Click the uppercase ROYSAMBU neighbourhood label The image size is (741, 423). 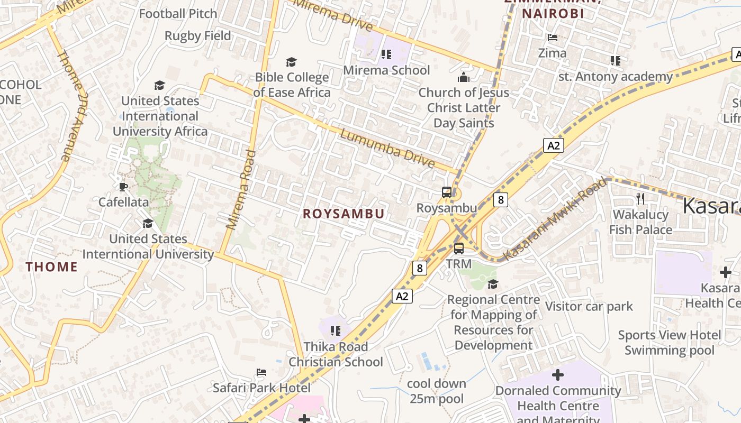344,214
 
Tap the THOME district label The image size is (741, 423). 52,267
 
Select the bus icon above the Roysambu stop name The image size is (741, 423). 447,192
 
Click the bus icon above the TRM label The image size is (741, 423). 459,248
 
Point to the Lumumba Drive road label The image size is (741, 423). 387,149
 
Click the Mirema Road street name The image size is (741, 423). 241,190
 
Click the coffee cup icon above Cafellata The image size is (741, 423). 123,187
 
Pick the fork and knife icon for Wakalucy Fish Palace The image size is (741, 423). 640,199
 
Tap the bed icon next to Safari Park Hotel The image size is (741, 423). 261,372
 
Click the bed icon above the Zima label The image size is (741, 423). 553,38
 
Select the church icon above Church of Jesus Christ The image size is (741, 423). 464,77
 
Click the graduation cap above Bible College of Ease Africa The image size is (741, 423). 291,62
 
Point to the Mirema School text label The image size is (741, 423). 386,70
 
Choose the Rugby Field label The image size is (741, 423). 197,36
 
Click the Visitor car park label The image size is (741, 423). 589,306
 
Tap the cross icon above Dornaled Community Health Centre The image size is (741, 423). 558,375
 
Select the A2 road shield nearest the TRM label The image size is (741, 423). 402,296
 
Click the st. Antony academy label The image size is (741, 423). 615,77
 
